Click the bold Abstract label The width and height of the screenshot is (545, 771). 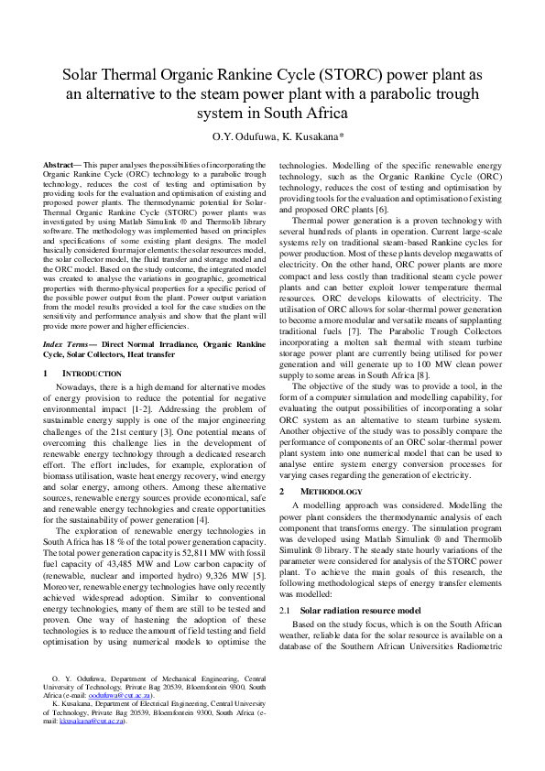click(63, 162)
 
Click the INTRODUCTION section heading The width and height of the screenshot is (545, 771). click(91, 374)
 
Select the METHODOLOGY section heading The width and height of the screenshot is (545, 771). click(324, 491)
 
